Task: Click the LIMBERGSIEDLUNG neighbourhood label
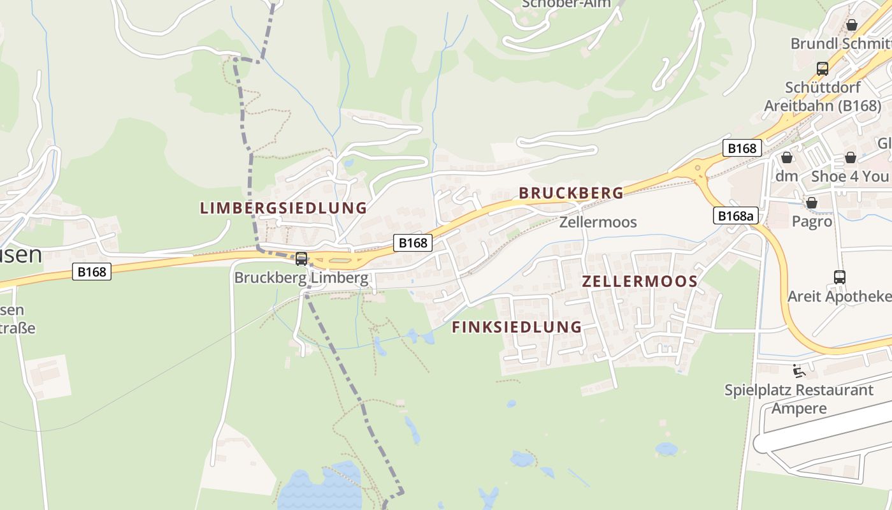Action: [284, 208]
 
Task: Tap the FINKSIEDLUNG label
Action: [517, 327]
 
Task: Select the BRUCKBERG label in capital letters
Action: [571, 193]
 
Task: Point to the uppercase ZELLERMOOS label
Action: [640, 281]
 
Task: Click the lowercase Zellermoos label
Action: [598, 222]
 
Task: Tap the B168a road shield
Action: [735, 215]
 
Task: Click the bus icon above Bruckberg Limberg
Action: [301, 259]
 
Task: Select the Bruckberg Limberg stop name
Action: [301, 278]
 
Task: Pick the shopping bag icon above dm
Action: [787, 157]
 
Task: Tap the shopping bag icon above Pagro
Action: [812, 203]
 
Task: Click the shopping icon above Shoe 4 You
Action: [851, 157]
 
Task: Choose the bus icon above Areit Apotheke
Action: [840, 277]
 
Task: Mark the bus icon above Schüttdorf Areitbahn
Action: [823, 68]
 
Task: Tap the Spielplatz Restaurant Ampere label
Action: [799, 398]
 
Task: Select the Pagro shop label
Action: [812, 221]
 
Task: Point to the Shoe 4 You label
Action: [849, 176]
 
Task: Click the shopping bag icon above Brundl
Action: [852, 25]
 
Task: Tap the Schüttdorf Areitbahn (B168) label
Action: [823, 96]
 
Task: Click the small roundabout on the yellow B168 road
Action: [698, 169]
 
